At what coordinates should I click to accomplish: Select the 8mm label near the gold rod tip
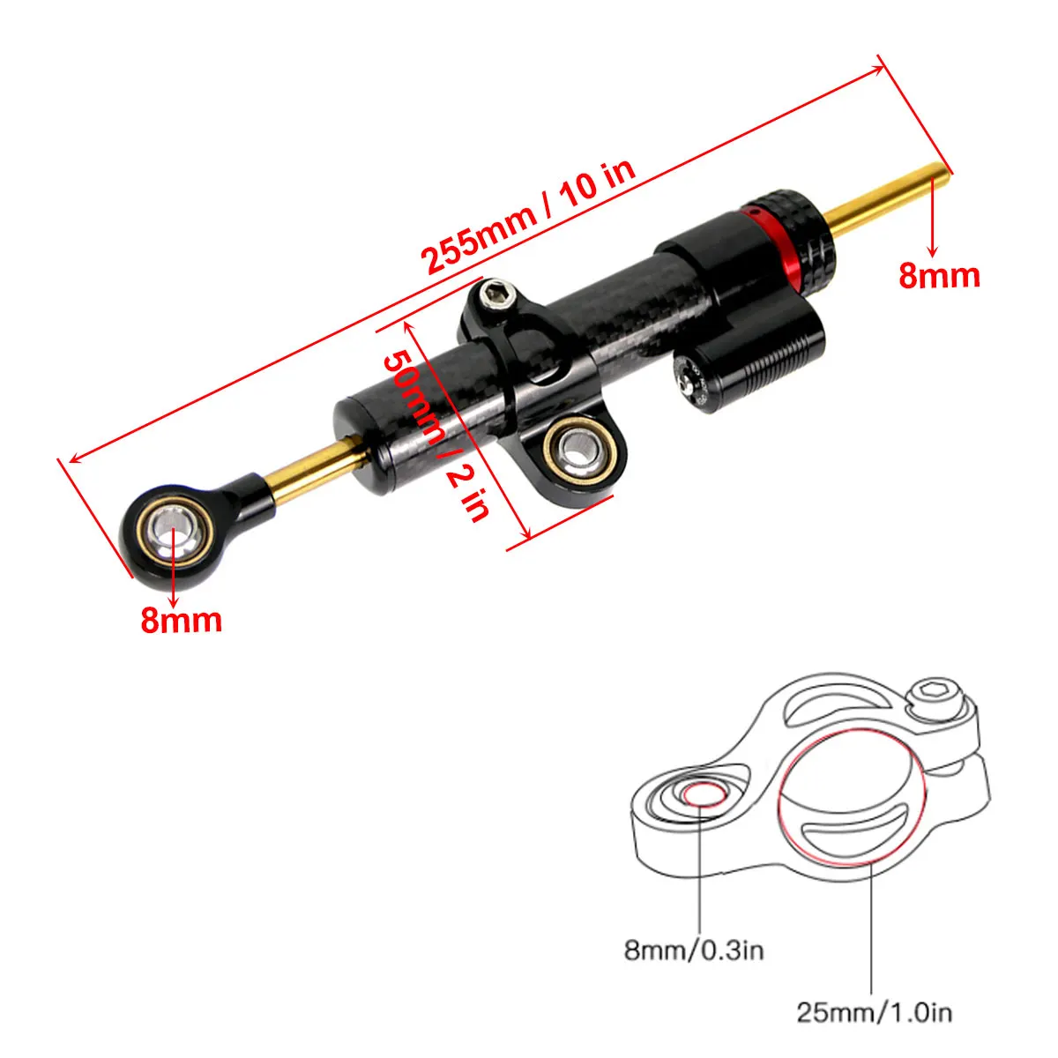pyautogui.click(x=939, y=275)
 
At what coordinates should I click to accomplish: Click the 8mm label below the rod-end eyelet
pyautogui.click(x=181, y=620)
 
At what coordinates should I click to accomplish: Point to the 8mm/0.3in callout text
pyautogui.click(x=694, y=950)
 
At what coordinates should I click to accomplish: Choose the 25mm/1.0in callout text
pyautogui.click(x=875, y=1011)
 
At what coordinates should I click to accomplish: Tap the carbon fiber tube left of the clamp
pyautogui.click(x=414, y=406)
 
